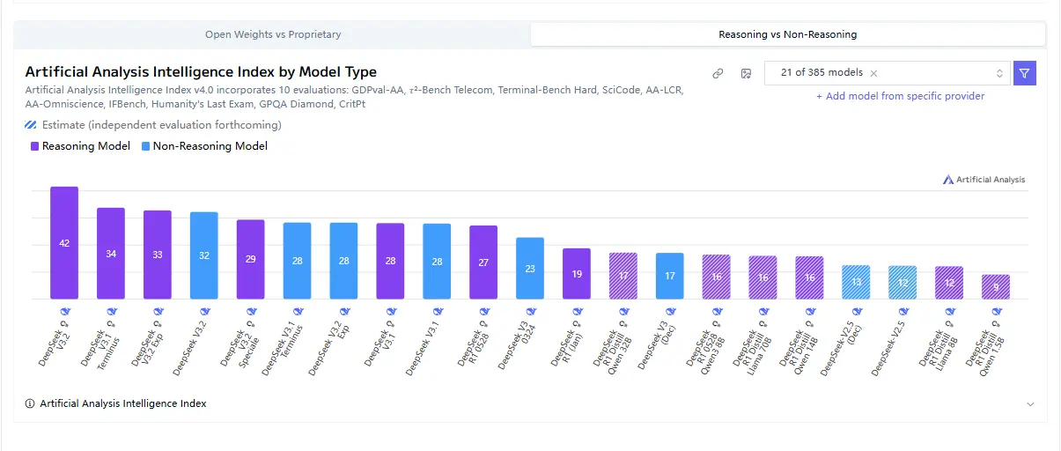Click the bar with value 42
64,242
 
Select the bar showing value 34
111,253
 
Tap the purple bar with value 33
158,255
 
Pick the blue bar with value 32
204,255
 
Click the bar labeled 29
251,259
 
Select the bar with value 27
483,262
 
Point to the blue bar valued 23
530,268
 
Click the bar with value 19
577,273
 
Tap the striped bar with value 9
996,286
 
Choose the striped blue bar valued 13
856,282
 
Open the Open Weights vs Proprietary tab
273,34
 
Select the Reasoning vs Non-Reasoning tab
787,34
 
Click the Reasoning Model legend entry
80,146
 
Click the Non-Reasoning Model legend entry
204,146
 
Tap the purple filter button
1024,73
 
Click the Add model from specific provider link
900,96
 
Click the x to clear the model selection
873,73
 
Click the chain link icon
718,73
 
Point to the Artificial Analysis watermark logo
984,180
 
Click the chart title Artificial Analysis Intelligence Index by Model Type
201,72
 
